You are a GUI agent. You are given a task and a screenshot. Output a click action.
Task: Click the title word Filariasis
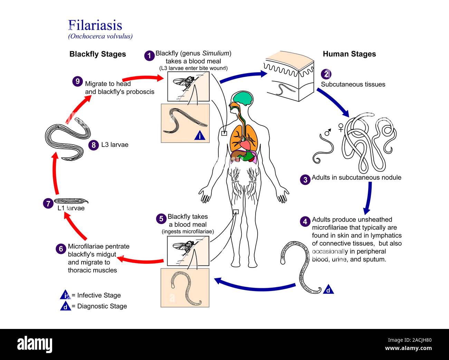[x=95, y=25]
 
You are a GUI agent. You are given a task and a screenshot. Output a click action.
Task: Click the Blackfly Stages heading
[x=97, y=54]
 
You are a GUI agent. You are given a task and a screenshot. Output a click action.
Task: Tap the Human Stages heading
[x=349, y=54]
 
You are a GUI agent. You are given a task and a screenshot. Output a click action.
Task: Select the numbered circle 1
[x=149, y=56]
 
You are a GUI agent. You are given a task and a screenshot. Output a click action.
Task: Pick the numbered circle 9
[x=77, y=82]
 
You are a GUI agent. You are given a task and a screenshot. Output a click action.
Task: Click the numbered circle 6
[x=61, y=249]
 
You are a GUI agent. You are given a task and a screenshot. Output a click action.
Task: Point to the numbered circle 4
[x=305, y=221]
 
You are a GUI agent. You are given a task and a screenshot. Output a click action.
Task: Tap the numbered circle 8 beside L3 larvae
[x=93, y=145]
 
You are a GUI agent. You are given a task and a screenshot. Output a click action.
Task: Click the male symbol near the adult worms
[x=327, y=132]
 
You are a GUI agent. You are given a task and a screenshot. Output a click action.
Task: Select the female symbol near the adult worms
[x=341, y=127]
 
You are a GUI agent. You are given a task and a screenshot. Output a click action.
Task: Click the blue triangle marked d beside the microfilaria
[x=328, y=290]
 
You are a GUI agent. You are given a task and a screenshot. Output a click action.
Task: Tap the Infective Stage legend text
[x=99, y=295]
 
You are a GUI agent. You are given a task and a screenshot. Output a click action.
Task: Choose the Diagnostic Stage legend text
[x=102, y=306]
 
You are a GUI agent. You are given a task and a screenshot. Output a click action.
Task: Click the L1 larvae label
[x=71, y=208]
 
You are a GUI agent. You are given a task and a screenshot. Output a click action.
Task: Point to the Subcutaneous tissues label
[x=353, y=85]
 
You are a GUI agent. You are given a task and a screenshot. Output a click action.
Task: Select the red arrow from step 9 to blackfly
[x=142, y=78]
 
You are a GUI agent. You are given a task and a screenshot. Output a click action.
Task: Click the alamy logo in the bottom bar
[x=35, y=344]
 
